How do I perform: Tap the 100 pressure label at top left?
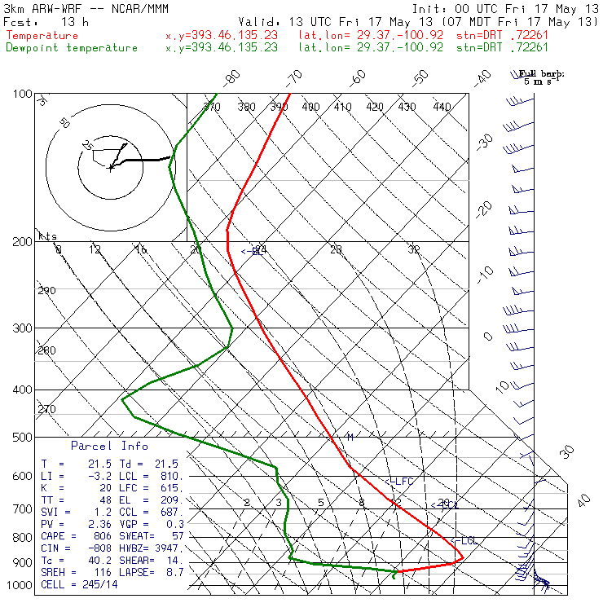[x=23, y=95]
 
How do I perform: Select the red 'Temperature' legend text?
[x=42, y=36]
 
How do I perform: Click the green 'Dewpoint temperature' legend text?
[x=72, y=48]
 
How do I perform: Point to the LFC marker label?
[x=401, y=482]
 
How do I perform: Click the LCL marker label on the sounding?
[x=466, y=541]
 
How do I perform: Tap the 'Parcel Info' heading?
[x=109, y=446]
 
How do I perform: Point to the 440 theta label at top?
[x=442, y=107]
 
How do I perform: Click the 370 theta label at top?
[x=211, y=107]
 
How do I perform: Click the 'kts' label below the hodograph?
[x=48, y=236]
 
